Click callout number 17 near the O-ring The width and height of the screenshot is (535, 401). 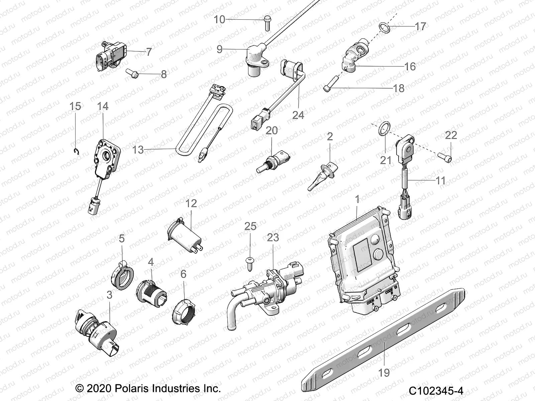[x=420, y=26]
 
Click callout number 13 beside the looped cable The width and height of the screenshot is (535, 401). [x=138, y=150]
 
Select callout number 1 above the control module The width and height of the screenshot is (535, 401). [x=357, y=199]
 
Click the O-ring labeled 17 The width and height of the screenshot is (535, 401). [x=385, y=28]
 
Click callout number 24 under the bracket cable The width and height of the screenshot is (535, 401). [x=298, y=115]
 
